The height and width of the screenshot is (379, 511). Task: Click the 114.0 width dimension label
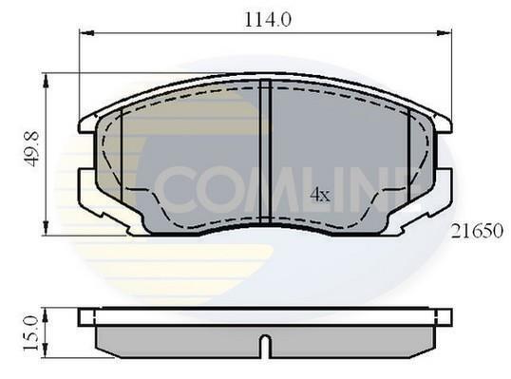coord(268,20)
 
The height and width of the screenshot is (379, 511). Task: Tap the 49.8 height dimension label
coord(32,148)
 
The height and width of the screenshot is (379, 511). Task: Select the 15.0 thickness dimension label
coord(30,333)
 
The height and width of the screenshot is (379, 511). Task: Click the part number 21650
coord(477,231)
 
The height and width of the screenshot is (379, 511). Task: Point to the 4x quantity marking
coord(320,195)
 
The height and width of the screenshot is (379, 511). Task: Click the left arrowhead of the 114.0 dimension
coord(87,33)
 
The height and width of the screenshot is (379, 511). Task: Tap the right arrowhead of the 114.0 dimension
coord(444,33)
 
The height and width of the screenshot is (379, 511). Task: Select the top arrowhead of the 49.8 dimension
coord(46,81)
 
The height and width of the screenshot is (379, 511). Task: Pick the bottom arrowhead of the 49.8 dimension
coord(46,228)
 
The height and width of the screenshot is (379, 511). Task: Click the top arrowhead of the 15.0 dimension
coord(46,315)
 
